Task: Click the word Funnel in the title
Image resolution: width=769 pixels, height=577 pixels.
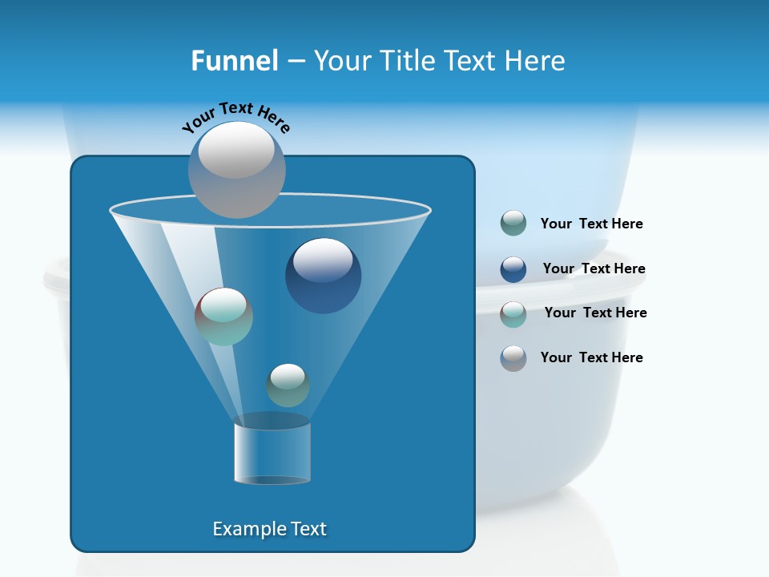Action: pos(234,61)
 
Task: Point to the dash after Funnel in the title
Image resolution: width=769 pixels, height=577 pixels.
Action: pos(295,61)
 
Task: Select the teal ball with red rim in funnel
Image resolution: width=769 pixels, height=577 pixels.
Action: pos(223,317)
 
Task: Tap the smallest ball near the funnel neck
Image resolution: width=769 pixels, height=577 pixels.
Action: pos(288,385)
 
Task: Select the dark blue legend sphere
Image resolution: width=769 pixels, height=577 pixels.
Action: pos(513,269)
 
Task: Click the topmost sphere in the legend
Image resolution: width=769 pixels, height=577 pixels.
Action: pos(513,224)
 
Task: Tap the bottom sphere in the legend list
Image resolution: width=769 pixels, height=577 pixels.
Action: pos(513,358)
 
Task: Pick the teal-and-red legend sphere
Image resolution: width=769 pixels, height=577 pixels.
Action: pos(513,314)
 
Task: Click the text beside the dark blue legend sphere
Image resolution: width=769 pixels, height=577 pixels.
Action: pos(594,268)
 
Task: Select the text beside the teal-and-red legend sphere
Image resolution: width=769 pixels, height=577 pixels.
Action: pos(595,313)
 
